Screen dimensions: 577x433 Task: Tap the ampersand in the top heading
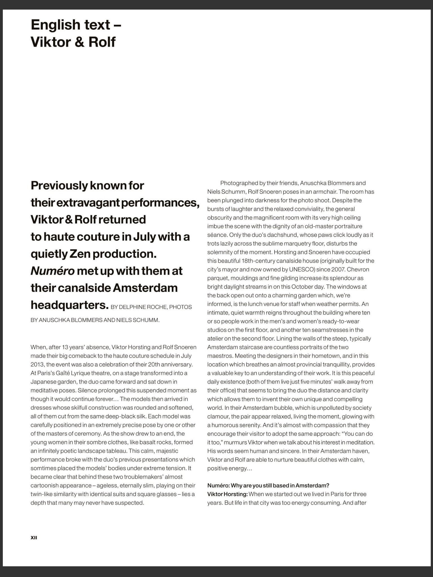(79, 42)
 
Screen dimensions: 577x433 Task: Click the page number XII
(34, 538)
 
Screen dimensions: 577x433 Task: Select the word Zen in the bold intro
(80, 254)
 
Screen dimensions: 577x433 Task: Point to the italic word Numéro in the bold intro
(52, 271)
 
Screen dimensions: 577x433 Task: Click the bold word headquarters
(69, 305)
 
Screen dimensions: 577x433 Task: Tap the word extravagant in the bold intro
(88, 203)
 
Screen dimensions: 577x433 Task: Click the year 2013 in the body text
(37, 365)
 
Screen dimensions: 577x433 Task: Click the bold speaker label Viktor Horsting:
(227, 494)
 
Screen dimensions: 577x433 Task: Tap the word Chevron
(358, 269)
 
